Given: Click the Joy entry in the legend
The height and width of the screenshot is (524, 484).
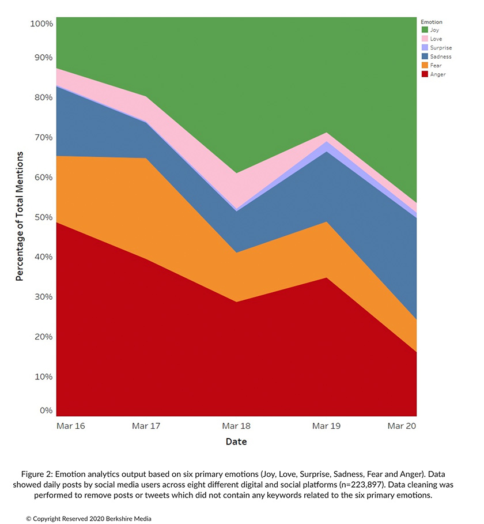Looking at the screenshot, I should (x=434, y=30).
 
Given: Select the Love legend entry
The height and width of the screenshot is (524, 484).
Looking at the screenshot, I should (x=436, y=39).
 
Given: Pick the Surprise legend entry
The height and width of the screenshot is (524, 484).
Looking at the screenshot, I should (x=440, y=48).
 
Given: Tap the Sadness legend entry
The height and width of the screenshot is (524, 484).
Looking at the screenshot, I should (x=440, y=56).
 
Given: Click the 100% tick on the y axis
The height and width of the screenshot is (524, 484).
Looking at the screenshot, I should (x=41, y=24).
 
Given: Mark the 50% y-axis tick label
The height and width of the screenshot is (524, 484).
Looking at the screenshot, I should (x=44, y=217).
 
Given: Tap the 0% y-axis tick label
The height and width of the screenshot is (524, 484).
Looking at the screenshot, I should (x=46, y=410).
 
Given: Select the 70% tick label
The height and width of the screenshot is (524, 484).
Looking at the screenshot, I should (x=44, y=137).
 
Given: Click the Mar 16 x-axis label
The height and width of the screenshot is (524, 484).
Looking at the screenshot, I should (x=71, y=426).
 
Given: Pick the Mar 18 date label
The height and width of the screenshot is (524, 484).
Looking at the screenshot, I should (x=236, y=426).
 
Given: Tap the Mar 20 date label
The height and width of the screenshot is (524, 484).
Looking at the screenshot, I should (x=402, y=426).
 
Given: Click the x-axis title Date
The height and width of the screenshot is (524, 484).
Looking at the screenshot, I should (x=236, y=442).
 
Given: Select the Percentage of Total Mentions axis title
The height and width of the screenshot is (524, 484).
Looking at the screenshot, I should (x=20, y=217).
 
